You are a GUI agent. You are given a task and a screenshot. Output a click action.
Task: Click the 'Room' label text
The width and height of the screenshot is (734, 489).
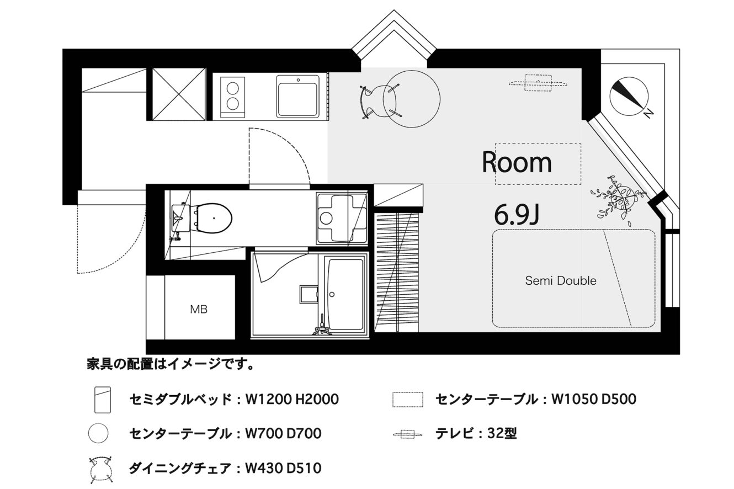[517, 162]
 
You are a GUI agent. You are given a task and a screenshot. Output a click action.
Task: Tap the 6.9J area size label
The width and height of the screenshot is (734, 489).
[517, 214]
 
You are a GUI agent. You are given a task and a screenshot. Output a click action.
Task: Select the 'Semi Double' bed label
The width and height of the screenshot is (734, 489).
[561, 281]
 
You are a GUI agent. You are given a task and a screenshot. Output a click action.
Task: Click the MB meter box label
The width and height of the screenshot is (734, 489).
[199, 310]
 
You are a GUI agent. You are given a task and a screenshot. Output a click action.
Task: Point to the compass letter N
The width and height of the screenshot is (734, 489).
[648, 113]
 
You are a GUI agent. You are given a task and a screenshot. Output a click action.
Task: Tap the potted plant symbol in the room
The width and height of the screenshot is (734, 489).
[618, 201]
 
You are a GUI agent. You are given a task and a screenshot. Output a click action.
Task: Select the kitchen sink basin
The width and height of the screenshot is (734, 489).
[297, 97]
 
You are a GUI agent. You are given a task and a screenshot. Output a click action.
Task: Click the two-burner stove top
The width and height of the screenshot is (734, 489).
[233, 97]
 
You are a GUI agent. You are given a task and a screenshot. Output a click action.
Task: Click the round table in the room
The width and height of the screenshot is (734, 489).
[412, 99]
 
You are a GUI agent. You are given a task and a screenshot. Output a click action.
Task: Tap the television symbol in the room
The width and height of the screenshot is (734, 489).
[538, 83]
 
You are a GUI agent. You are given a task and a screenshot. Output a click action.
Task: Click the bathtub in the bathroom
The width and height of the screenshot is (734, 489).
[345, 294]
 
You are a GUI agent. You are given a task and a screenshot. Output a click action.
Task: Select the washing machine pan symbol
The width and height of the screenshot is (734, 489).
[342, 218]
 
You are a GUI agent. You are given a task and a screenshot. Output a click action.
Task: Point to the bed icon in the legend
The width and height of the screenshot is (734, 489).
[103, 400]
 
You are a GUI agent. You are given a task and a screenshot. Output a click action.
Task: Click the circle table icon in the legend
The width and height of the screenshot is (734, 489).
[98, 433]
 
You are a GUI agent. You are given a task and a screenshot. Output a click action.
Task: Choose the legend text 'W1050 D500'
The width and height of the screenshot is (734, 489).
[594, 399]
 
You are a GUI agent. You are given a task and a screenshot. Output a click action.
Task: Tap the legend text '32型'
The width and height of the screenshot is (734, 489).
[502, 434]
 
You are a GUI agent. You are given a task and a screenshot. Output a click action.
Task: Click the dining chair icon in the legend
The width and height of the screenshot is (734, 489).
[101, 470]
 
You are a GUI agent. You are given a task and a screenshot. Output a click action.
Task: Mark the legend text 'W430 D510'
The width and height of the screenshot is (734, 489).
[284, 469]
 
